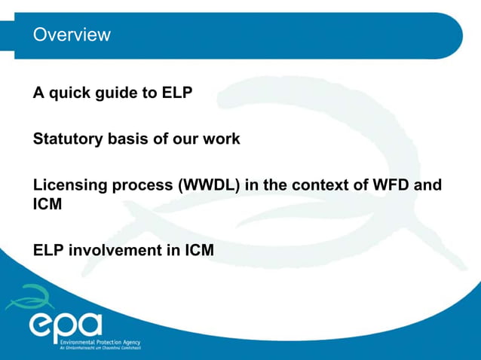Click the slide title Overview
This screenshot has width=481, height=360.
(72, 35)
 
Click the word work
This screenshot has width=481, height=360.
(222, 139)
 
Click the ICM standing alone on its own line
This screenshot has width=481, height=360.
(47, 204)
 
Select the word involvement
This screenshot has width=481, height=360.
(115, 250)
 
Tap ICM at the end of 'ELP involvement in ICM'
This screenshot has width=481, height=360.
(199, 250)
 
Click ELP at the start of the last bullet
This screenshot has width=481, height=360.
(48, 250)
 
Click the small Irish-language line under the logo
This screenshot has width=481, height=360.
(100, 347)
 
